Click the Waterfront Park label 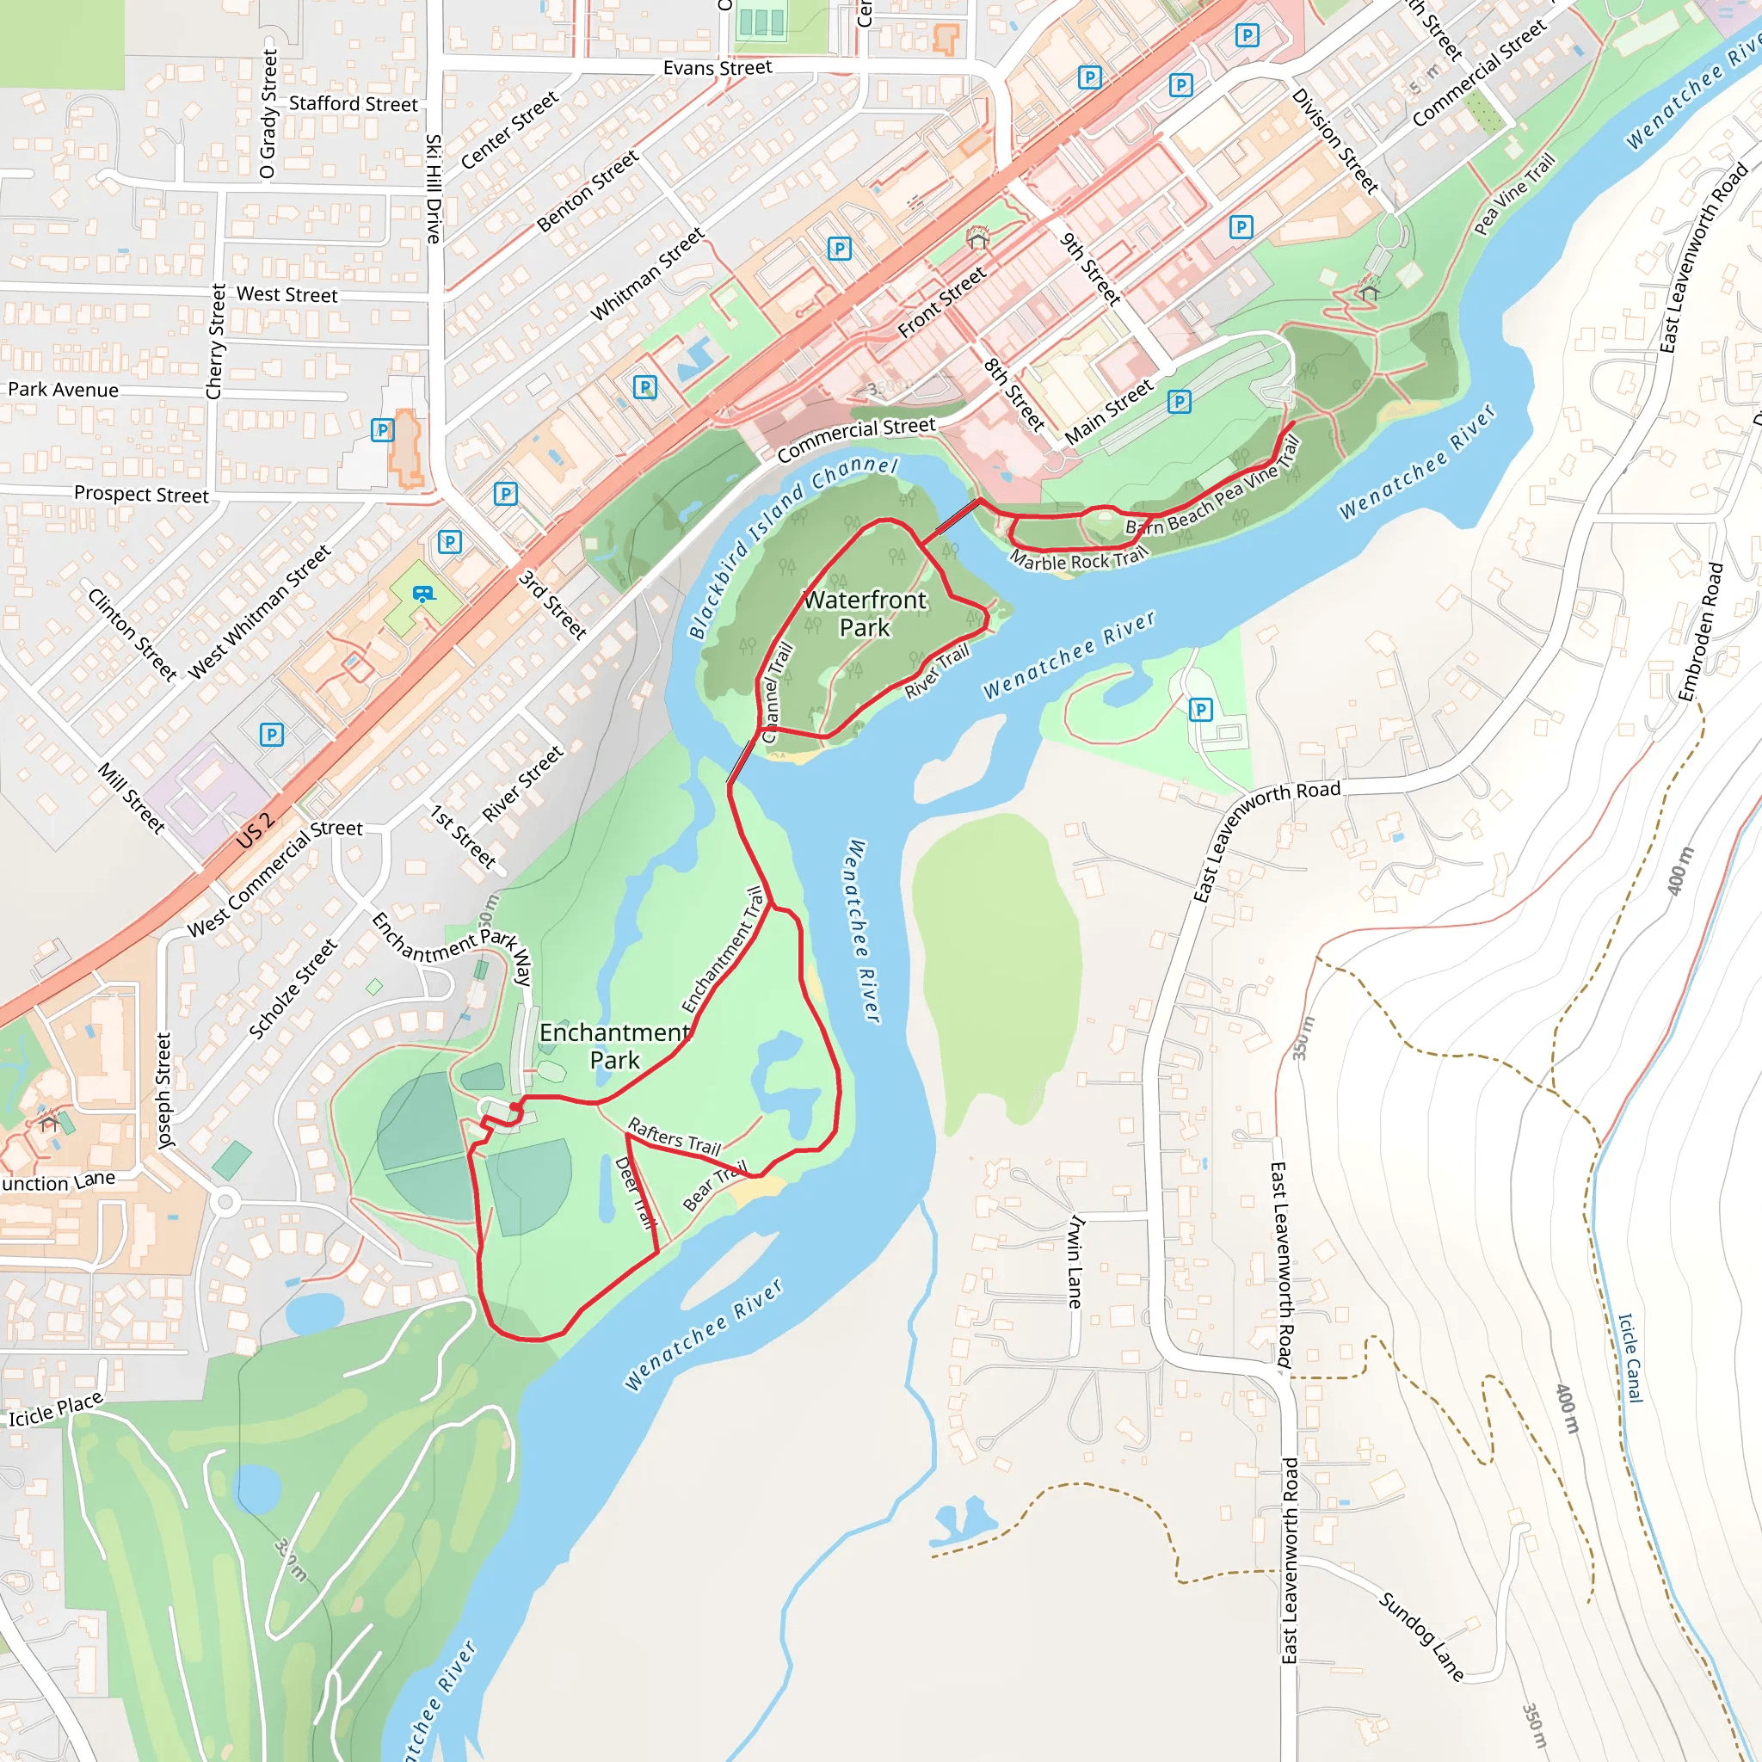pyautogui.click(x=865, y=613)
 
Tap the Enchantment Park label pyautogui.click(x=613, y=1046)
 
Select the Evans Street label pyautogui.click(x=717, y=69)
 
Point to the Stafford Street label pyautogui.click(x=353, y=104)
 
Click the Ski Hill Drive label pyautogui.click(x=434, y=188)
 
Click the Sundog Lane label pyautogui.click(x=1421, y=1636)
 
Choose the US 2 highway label pyautogui.click(x=256, y=829)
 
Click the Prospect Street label pyautogui.click(x=141, y=495)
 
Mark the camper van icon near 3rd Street pyautogui.click(x=422, y=594)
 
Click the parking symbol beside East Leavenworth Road pyautogui.click(x=1201, y=710)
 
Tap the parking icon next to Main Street pyautogui.click(x=1180, y=401)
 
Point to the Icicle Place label pyautogui.click(x=56, y=1409)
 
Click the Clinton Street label pyautogui.click(x=132, y=635)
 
